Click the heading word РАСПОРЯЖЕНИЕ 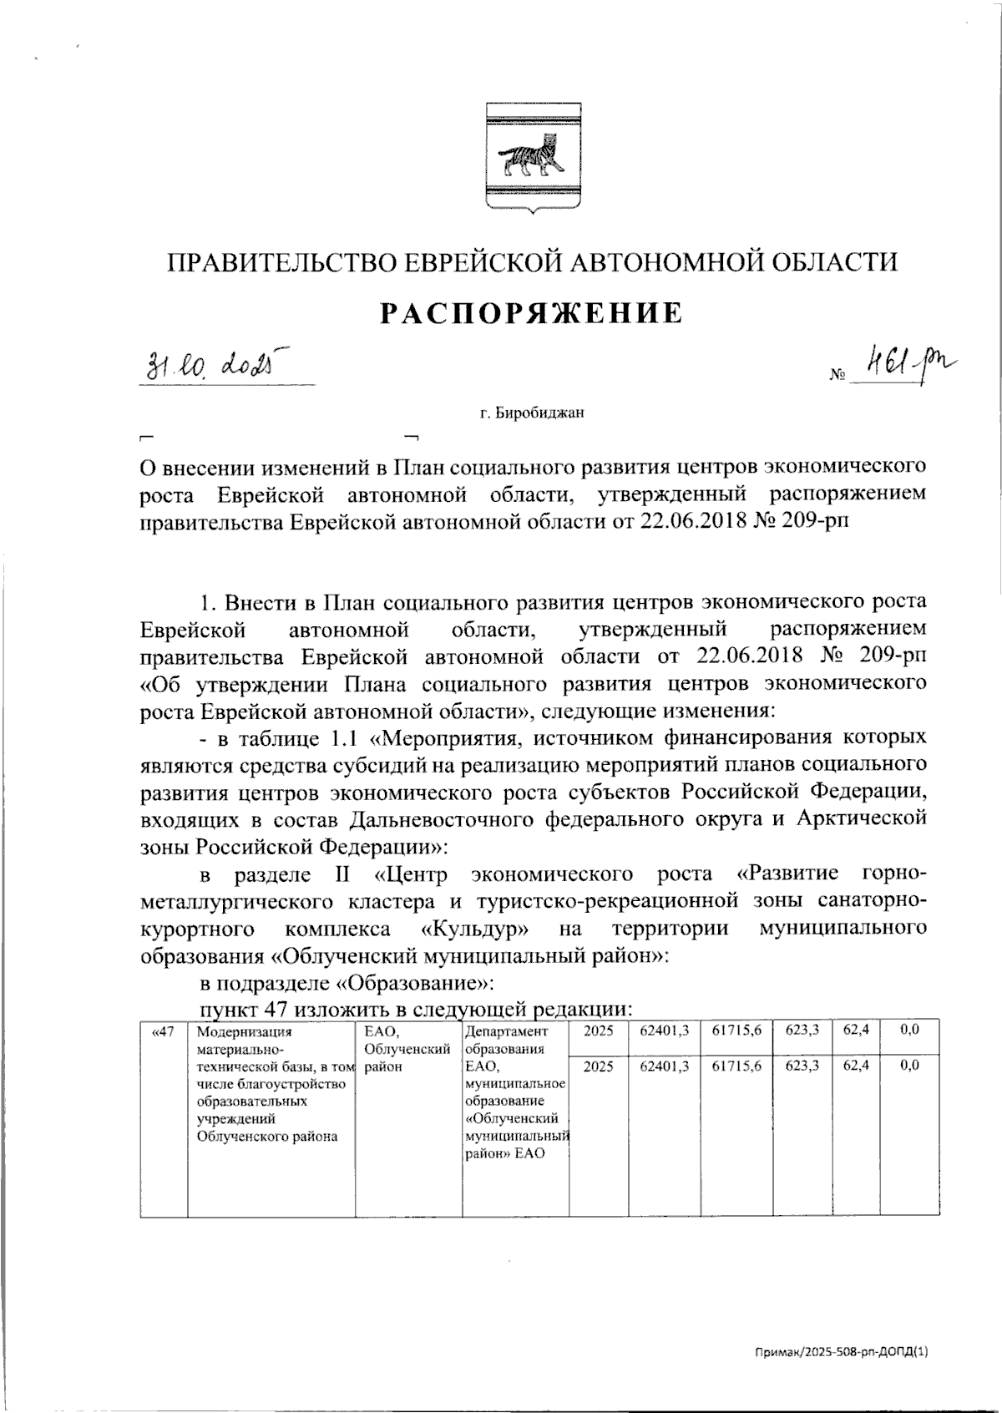click(x=532, y=313)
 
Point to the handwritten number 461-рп click(x=910, y=364)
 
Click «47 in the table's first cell click(x=163, y=1031)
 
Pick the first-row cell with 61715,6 click(x=736, y=1031)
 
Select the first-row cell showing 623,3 click(x=802, y=1031)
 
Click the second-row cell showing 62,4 click(x=856, y=1066)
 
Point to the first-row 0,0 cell click(x=910, y=1031)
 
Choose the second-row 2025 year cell click(x=598, y=1066)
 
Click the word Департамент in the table click(x=508, y=1031)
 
